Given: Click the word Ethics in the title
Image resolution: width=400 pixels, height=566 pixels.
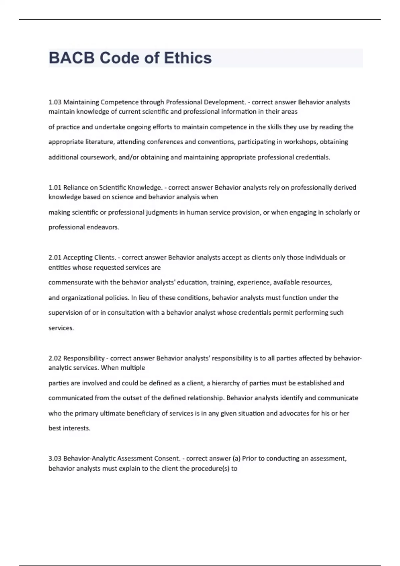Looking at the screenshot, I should click(x=188, y=58).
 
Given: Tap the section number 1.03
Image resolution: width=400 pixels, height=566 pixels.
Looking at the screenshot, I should click(x=55, y=102).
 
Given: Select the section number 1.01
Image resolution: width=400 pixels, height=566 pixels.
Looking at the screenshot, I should click(x=55, y=187).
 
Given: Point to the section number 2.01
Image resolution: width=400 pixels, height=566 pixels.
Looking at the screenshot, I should click(x=55, y=257).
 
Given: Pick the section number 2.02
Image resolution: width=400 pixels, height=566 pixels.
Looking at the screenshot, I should click(x=55, y=358).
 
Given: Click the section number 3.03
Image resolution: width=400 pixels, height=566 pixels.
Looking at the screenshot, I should click(x=55, y=458).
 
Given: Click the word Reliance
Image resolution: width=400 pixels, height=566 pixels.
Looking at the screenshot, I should click(x=76, y=187).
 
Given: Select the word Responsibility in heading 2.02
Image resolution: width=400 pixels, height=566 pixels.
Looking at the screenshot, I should click(x=84, y=358).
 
